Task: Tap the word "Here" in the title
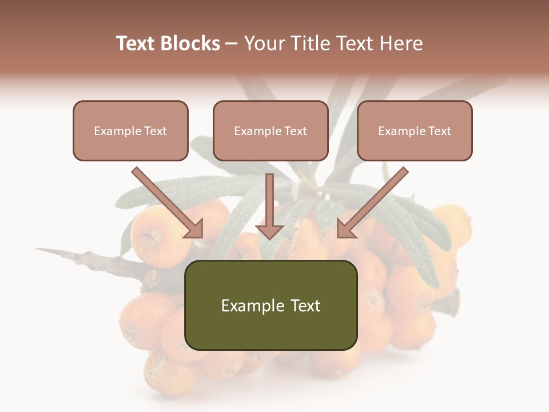[401, 43]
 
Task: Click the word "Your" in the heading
[264, 43]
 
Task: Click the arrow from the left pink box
[166, 201]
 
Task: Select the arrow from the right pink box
[375, 201]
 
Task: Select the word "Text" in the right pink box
[440, 131]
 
